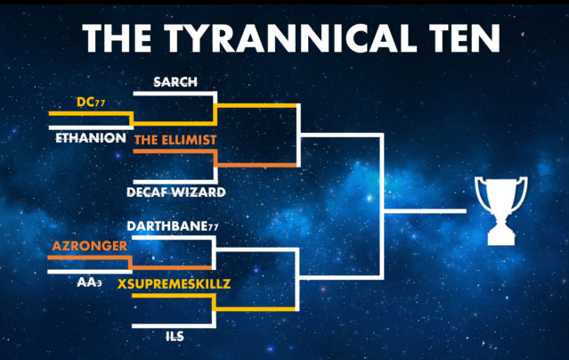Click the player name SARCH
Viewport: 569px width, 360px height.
click(175, 82)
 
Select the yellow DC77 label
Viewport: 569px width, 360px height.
click(91, 102)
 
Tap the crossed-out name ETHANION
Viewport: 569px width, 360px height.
click(91, 138)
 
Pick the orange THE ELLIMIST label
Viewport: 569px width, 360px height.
click(175, 140)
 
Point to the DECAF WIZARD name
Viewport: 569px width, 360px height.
click(176, 192)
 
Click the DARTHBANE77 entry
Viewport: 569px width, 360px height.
click(173, 226)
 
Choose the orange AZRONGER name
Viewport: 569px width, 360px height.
click(90, 246)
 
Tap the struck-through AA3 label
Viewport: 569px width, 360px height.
click(89, 282)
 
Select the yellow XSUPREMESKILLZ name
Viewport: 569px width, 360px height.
click(174, 283)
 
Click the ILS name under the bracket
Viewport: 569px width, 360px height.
click(175, 337)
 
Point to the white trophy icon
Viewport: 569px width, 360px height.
click(501, 210)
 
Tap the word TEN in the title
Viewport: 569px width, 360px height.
click(465, 38)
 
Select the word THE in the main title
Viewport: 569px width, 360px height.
click(117, 38)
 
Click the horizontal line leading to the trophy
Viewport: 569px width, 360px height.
click(425, 211)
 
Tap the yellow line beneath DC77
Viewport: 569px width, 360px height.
click(90, 114)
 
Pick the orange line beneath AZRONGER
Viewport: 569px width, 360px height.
click(89, 258)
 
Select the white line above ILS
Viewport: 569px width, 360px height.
click(173, 326)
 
